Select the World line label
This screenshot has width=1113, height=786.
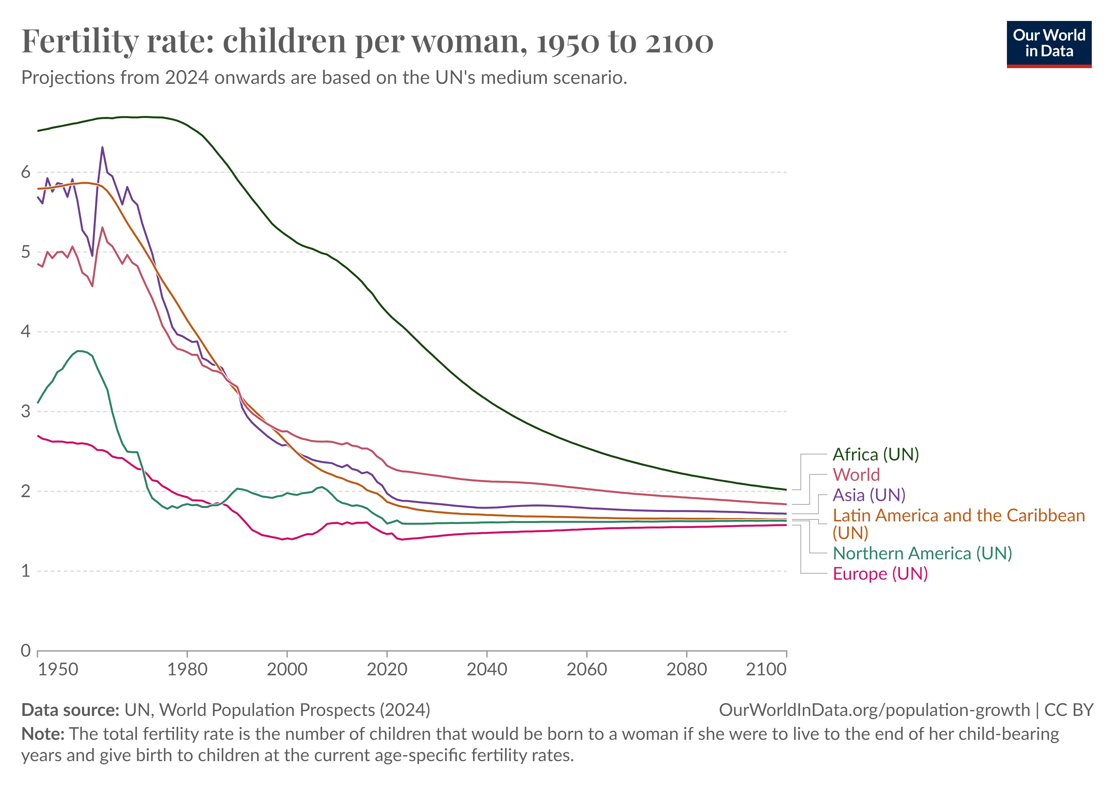pos(856,474)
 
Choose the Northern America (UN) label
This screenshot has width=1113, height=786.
pos(922,553)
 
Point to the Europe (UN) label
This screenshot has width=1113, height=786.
pos(880,574)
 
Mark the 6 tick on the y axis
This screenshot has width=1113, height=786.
pos(26,172)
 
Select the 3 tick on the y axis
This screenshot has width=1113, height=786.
pos(26,411)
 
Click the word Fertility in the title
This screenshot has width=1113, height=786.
pos(80,42)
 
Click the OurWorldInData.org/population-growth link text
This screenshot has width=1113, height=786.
pos(874,710)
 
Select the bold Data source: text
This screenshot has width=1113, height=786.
pos(70,710)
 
